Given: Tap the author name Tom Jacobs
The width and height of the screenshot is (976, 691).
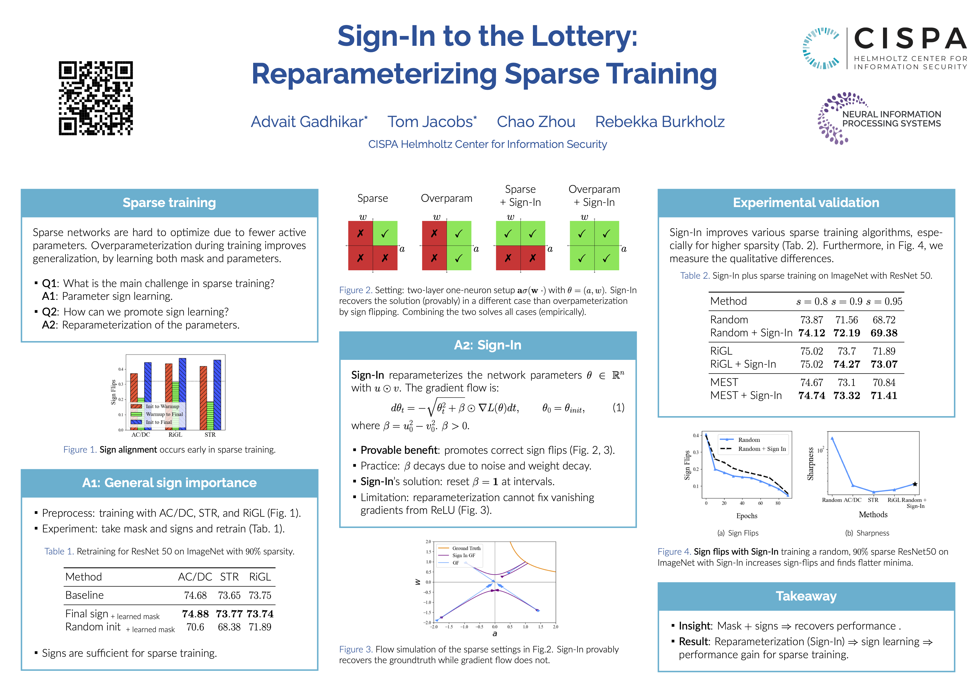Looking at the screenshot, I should tap(432, 122).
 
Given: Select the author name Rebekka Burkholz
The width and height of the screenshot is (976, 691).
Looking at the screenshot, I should tap(659, 122).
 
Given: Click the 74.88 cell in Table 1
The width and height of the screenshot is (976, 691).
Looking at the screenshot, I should tap(195, 614).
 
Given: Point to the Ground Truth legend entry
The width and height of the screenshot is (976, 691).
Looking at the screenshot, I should tap(466, 548).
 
